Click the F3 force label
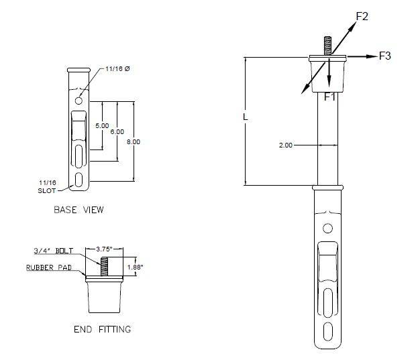(x=384, y=56)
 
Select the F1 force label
(x=330, y=97)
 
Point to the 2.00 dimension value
(x=284, y=145)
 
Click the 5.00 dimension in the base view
(x=102, y=125)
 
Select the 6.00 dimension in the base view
(x=117, y=131)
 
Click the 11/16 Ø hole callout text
(x=118, y=70)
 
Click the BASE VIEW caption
(x=79, y=210)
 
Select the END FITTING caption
(x=101, y=329)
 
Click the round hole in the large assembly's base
(x=327, y=229)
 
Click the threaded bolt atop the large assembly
(x=327, y=46)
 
